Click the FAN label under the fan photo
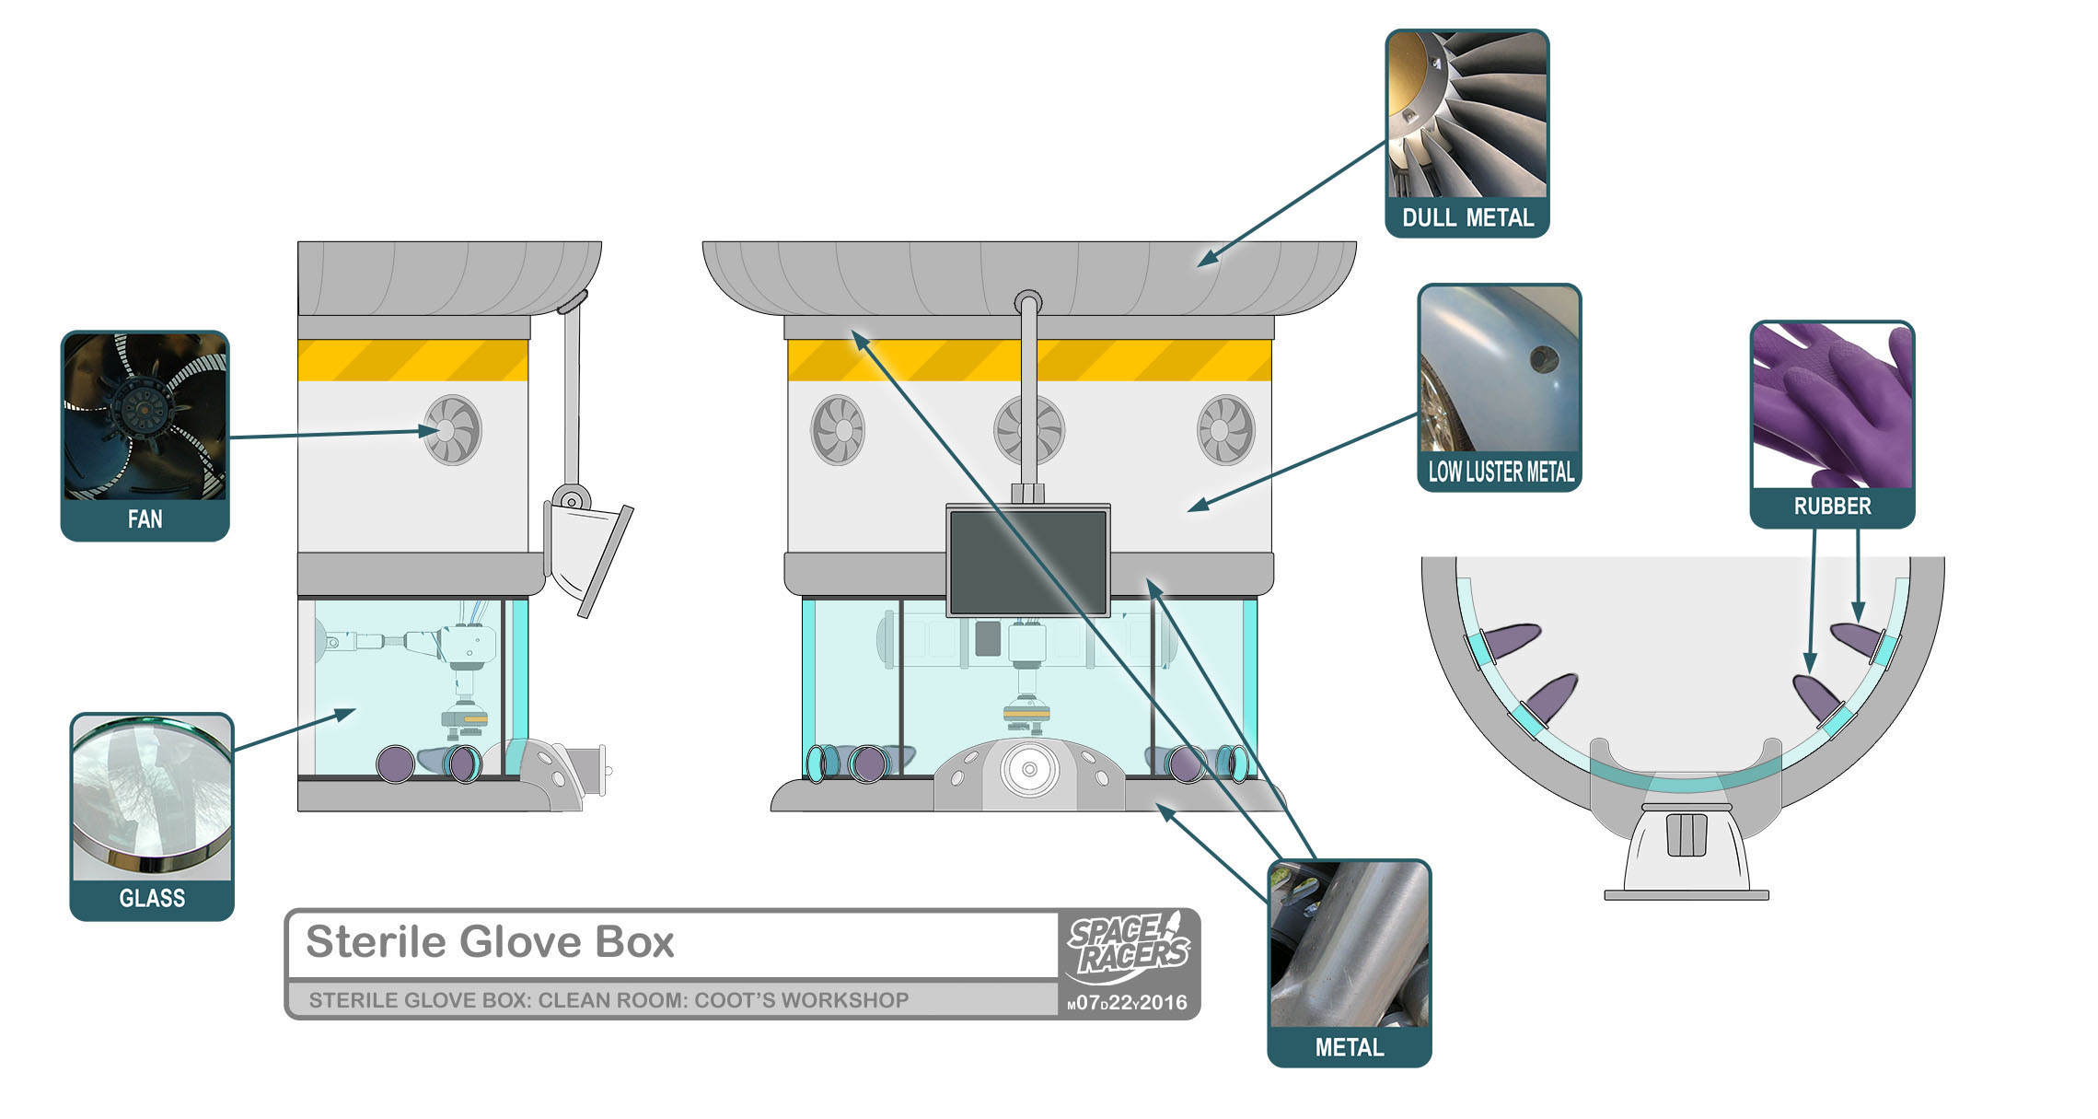145,519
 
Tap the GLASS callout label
152,898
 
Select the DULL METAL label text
1467,218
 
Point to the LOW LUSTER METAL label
1501,472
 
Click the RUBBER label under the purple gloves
1832,507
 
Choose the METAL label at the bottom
1349,1047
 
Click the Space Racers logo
1129,948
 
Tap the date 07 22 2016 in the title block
1129,1003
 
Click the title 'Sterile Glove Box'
490,942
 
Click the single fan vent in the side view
452,430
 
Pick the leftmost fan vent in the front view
838,430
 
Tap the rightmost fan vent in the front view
1225,430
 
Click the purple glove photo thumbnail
1832,405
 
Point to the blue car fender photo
1500,369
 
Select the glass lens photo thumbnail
152,797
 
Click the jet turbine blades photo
1467,114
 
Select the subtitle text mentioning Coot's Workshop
609,1001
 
